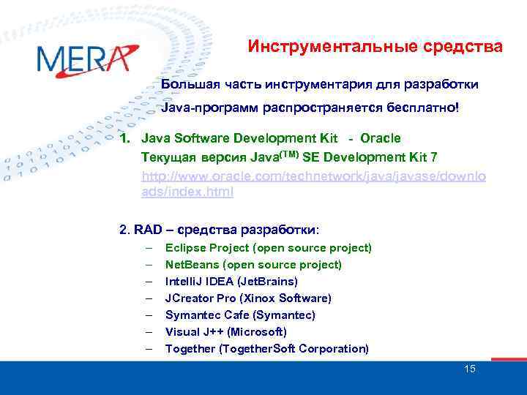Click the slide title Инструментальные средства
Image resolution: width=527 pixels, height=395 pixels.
point(375,47)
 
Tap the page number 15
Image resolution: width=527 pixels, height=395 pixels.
point(470,369)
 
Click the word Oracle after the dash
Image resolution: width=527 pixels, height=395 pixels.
point(381,138)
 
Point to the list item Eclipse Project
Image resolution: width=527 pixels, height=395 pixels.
point(268,248)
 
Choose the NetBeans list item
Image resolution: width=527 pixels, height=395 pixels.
point(253,265)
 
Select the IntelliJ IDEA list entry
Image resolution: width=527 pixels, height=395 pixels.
point(231,282)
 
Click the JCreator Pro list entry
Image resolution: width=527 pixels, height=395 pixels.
point(248,298)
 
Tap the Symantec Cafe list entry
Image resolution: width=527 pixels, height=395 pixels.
point(240,315)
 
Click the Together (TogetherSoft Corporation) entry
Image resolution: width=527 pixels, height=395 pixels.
point(266,349)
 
